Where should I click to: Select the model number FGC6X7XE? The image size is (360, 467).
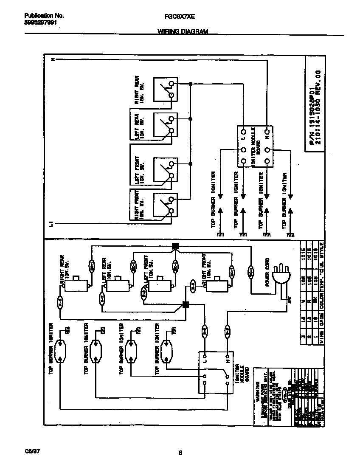click(179, 16)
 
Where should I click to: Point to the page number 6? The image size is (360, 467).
click(180, 453)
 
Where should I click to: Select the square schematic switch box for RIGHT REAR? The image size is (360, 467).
click(165, 90)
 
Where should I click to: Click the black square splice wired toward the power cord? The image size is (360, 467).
click(175, 246)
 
